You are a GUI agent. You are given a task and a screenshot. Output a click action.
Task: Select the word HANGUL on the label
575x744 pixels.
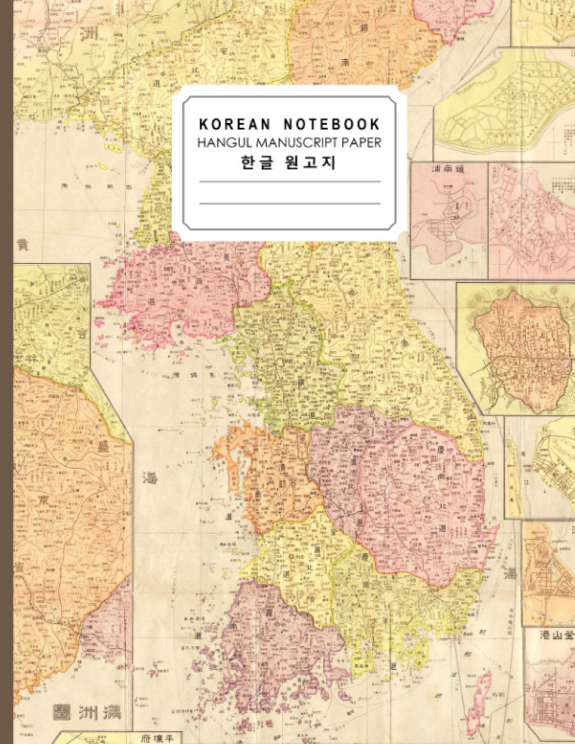(x=221, y=143)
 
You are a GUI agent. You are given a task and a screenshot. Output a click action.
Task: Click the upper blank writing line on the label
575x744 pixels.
(x=289, y=182)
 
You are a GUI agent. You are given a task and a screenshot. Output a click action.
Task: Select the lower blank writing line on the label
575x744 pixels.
(x=289, y=203)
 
